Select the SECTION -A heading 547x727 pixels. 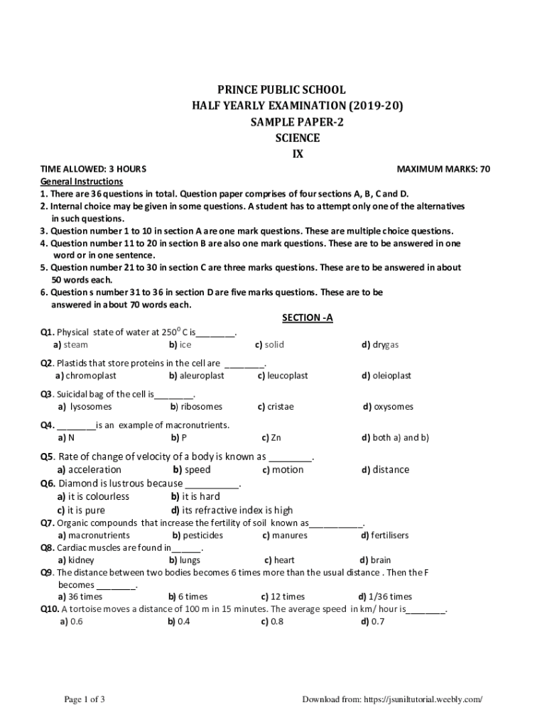click(308, 318)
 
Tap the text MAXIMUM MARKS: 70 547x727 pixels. click(443, 169)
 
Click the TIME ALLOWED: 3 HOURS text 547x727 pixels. click(93, 169)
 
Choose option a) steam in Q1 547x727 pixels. click(71, 344)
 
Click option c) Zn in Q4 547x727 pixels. click(271, 438)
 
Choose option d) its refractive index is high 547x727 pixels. click(232, 510)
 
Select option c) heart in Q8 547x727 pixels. click(279, 560)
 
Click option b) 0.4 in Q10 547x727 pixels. click(179, 622)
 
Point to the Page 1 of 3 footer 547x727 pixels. click(85, 699)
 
